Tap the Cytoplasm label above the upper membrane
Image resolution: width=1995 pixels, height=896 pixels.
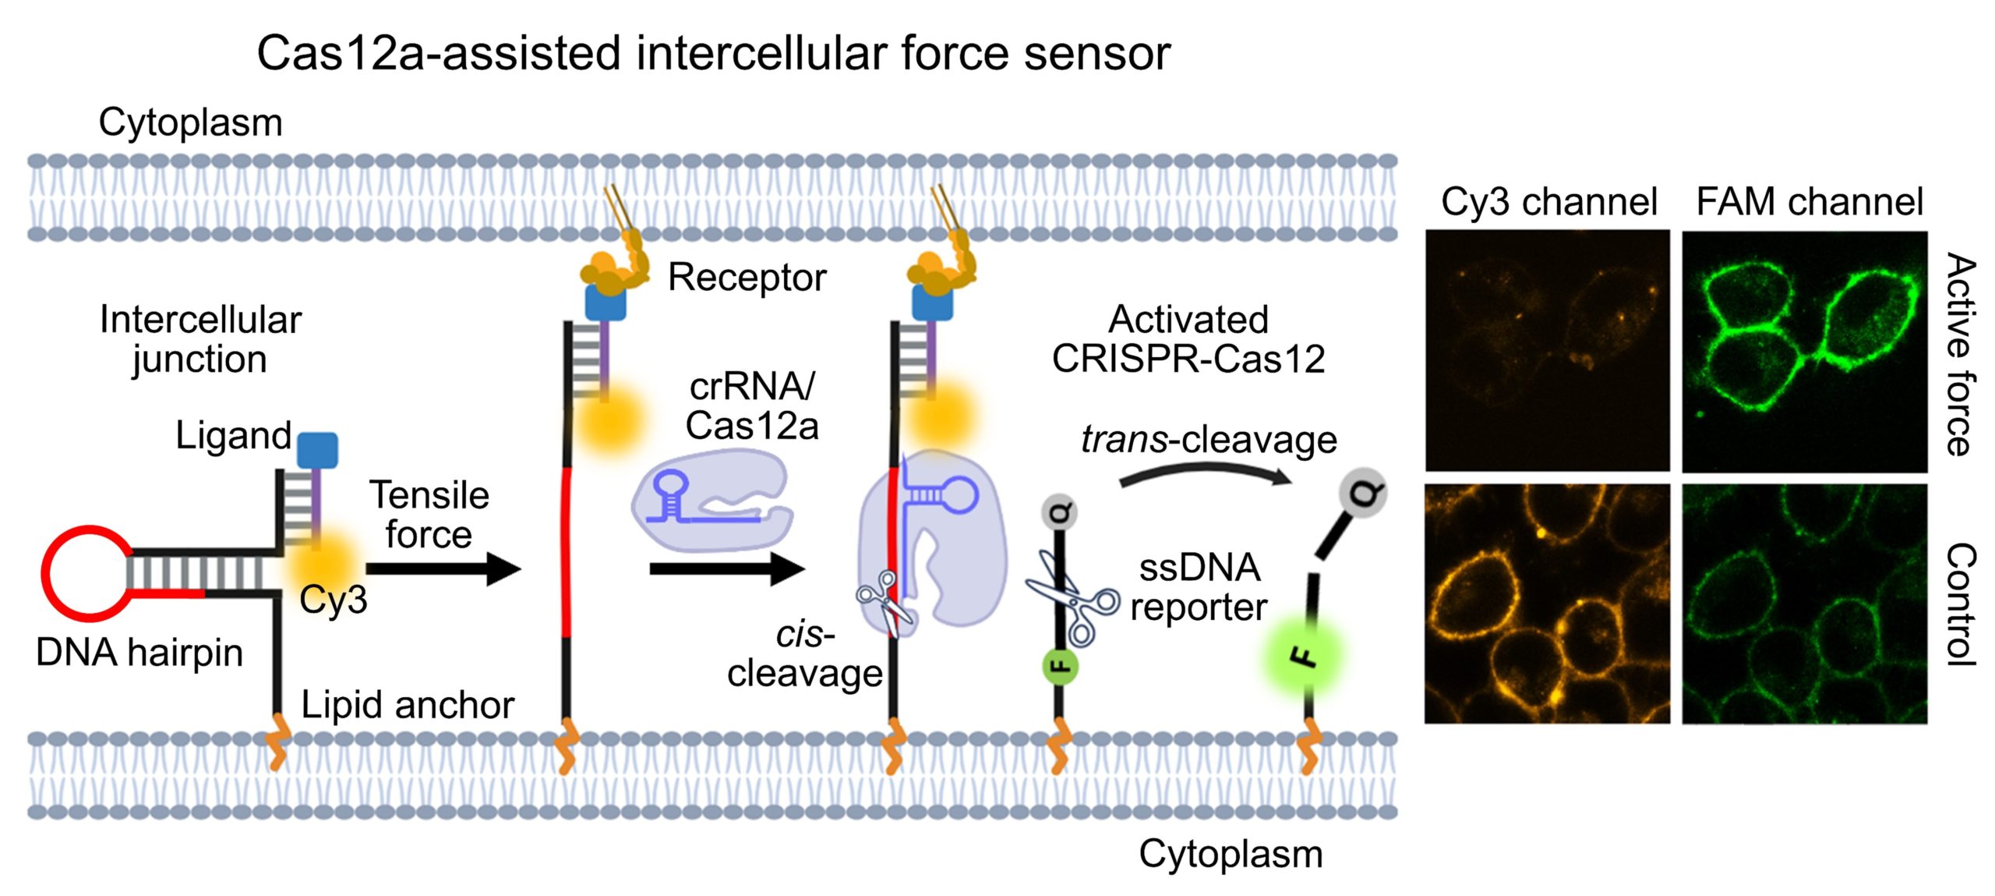pyautogui.click(x=190, y=122)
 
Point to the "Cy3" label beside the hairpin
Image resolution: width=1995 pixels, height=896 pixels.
pyautogui.click(x=333, y=600)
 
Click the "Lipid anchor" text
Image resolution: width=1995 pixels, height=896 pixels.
pyautogui.click(x=407, y=705)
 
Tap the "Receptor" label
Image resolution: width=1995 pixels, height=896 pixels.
pyautogui.click(x=747, y=277)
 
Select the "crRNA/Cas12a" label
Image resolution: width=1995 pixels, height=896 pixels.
pyautogui.click(x=752, y=406)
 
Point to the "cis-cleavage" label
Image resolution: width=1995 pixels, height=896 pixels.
pyautogui.click(x=804, y=654)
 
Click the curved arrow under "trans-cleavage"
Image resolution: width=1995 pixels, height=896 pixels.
pyautogui.click(x=1204, y=473)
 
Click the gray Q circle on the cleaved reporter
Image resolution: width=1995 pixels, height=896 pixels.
pyautogui.click(x=1362, y=494)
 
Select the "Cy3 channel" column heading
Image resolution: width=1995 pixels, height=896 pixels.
pyautogui.click(x=1548, y=201)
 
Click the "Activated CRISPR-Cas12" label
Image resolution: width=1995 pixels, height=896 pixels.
pyautogui.click(x=1188, y=339)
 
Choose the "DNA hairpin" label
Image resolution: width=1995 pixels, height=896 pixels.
pyautogui.click(x=139, y=652)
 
